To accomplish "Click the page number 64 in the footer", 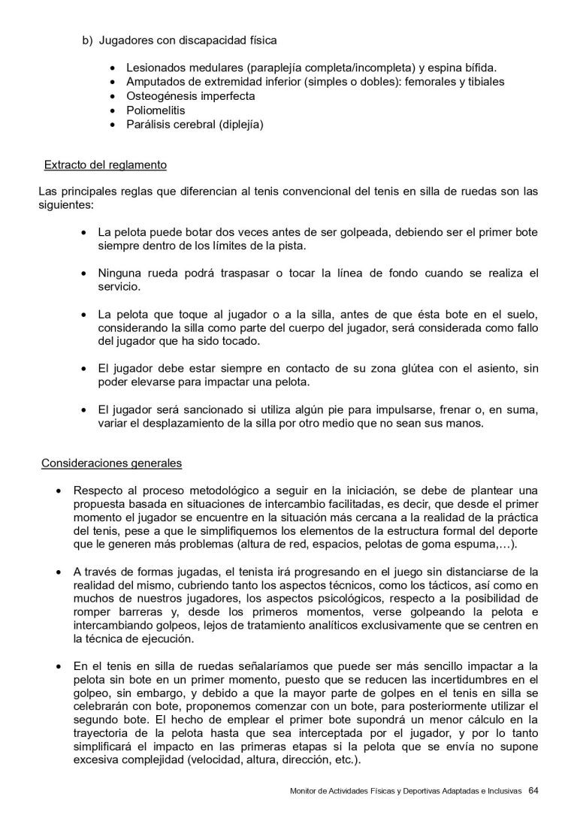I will pyautogui.click(x=533, y=789).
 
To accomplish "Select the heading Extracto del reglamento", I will pyautogui.click(x=105, y=165).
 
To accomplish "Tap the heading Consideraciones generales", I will pyautogui.click(x=110, y=462).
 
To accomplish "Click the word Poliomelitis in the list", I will pyautogui.click(x=156, y=110).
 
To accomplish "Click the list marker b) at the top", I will pyautogui.click(x=86, y=39).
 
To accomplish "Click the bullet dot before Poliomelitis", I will pyautogui.click(x=113, y=111).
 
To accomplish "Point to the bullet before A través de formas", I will pyautogui.click(x=59, y=572).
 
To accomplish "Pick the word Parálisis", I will pyautogui.click(x=150, y=125).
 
